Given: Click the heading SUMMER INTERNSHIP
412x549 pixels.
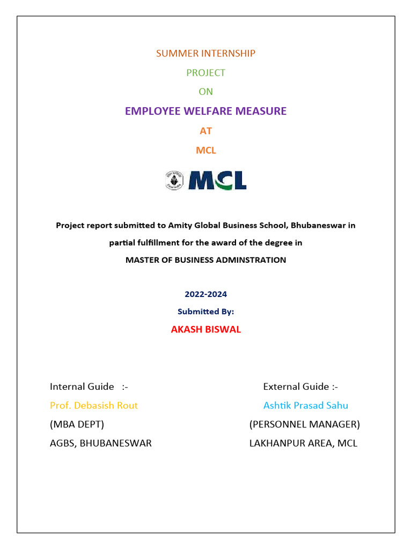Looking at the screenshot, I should (205, 53).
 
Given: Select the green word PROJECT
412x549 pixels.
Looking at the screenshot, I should (205, 72).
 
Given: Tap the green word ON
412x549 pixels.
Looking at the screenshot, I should (205, 92).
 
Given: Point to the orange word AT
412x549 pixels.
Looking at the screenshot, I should (205, 131).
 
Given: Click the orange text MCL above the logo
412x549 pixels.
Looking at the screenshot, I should (205, 150).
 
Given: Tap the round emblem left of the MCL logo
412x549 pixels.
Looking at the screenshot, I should (174, 181).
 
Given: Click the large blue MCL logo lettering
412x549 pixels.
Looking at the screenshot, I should (217, 181).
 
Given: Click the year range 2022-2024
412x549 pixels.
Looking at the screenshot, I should (205, 294).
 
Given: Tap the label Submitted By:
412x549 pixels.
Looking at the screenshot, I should (205, 311).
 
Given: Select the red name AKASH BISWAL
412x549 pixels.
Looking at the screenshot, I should (205, 330).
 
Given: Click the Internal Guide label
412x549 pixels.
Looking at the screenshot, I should (82, 387).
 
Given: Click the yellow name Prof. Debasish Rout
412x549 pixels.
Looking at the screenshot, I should (94, 405).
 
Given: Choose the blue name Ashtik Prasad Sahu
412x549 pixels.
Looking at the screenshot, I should (305, 405).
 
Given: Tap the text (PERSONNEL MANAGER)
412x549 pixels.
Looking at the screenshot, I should (304, 425).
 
